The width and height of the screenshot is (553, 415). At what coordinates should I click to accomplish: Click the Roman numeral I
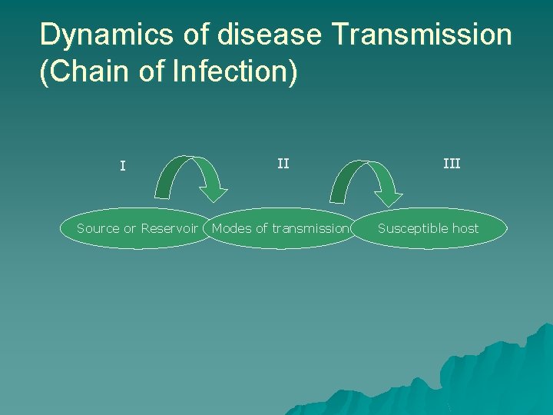click(123, 165)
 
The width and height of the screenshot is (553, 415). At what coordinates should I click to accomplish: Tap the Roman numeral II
click(283, 163)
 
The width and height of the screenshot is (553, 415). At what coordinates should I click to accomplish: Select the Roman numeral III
click(452, 163)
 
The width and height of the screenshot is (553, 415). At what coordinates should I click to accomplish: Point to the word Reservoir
click(170, 228)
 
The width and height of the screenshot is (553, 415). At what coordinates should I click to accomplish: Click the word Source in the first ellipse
click(98, 228)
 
